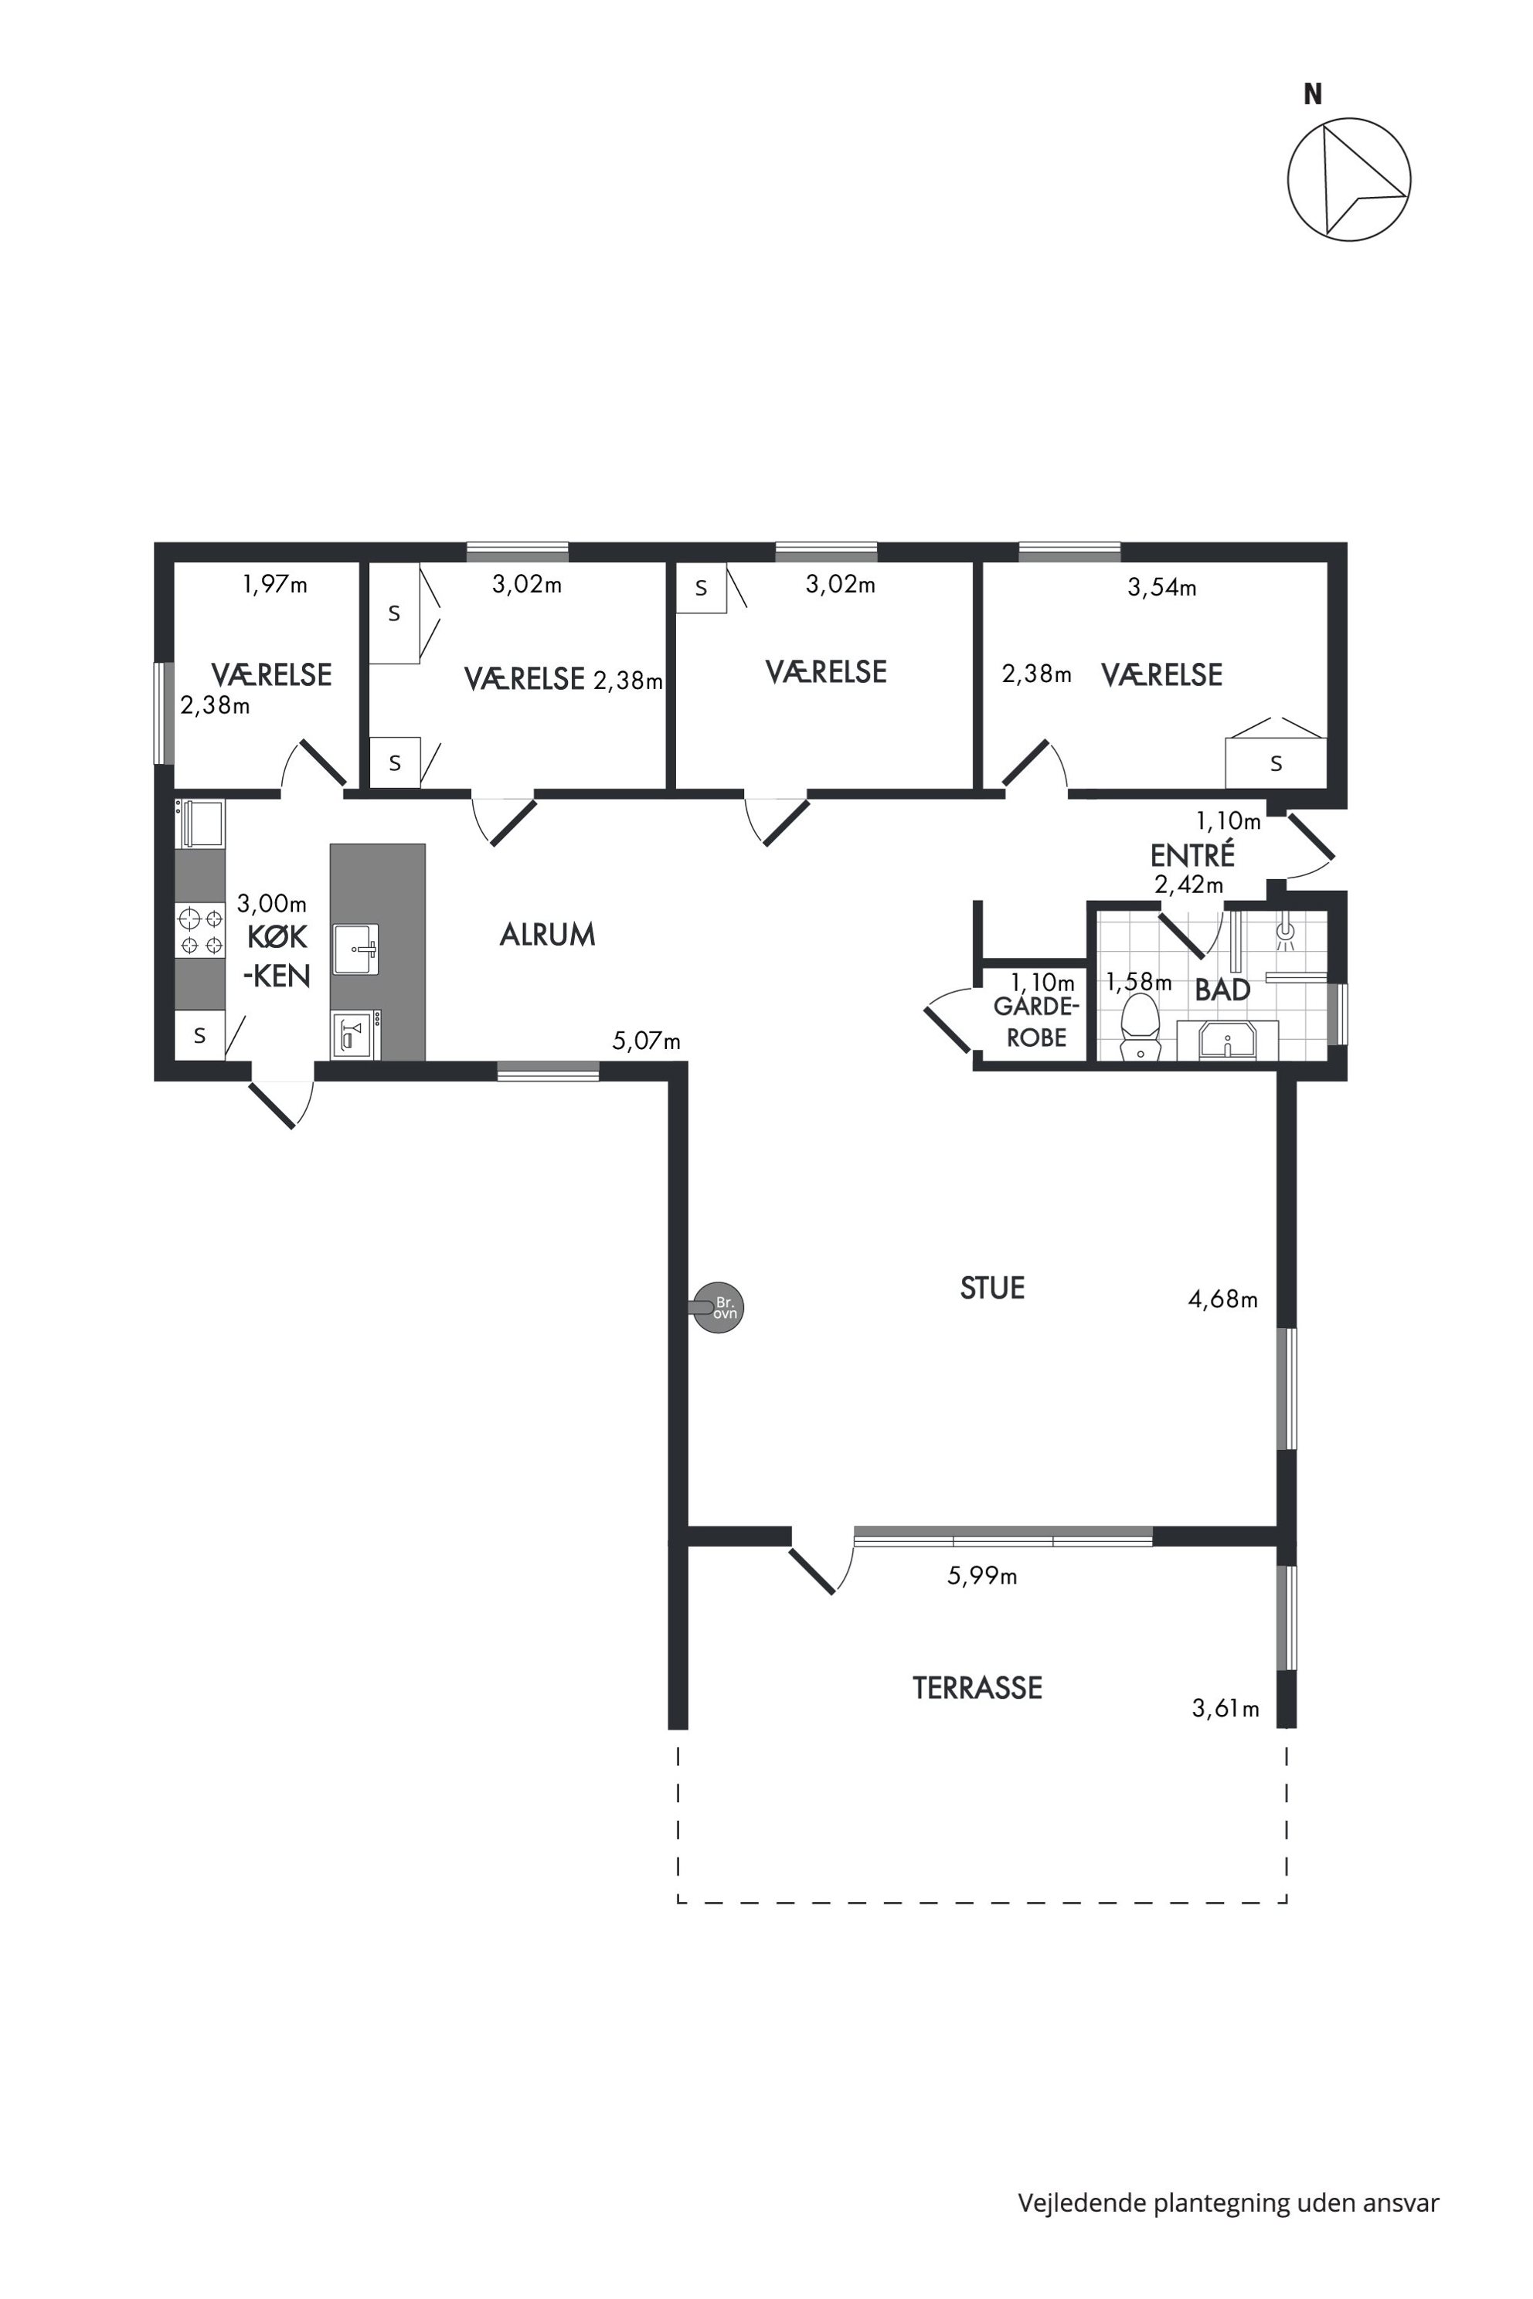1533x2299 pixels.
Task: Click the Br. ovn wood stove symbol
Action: [719, 1307]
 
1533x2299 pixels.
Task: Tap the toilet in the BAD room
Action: [1138, 1027]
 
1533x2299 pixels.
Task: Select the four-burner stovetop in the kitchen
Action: [200, 932]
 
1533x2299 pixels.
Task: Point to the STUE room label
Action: [992, 1289]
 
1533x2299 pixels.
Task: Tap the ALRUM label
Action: [548, 936]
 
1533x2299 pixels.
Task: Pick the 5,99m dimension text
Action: [983, 1577]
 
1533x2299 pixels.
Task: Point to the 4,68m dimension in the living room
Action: [1223, 1300]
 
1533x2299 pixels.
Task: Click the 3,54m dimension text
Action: [1162, 587]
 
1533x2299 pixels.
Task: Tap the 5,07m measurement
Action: [646, 1041]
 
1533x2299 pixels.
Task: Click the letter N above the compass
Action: [1313, 95]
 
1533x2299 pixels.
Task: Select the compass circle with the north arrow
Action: [1349, 180]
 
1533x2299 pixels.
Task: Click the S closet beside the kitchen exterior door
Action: [199, 1035]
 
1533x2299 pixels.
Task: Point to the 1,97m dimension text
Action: [276, 585]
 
